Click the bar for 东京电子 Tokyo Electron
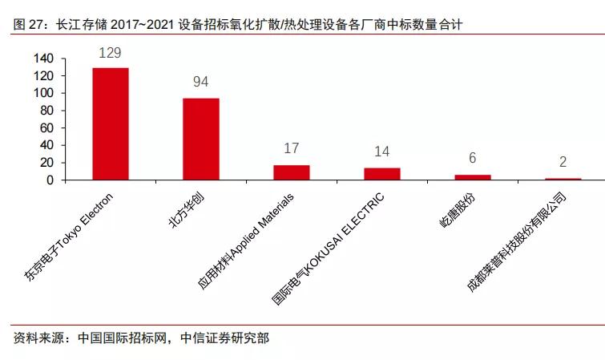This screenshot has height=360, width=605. tap(111, 124)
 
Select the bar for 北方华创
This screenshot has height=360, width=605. tap(201, 139)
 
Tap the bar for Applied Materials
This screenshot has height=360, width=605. tap(292, 172)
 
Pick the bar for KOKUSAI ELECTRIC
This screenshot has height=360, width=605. tap(382, 174)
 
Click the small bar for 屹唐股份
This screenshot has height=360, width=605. tap(473, 177)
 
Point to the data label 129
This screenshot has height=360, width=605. tap(111, 53)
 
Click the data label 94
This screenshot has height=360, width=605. tap(201, 83)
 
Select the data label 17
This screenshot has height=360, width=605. tap(292, 149)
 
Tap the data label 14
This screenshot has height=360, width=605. tap(382, 152)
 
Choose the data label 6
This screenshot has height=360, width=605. tap(473, 159)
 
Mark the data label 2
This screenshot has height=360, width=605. tap(563, 162)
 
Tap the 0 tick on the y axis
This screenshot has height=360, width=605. tap(50, 180)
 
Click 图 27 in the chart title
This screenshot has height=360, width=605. tap(30, 26)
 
